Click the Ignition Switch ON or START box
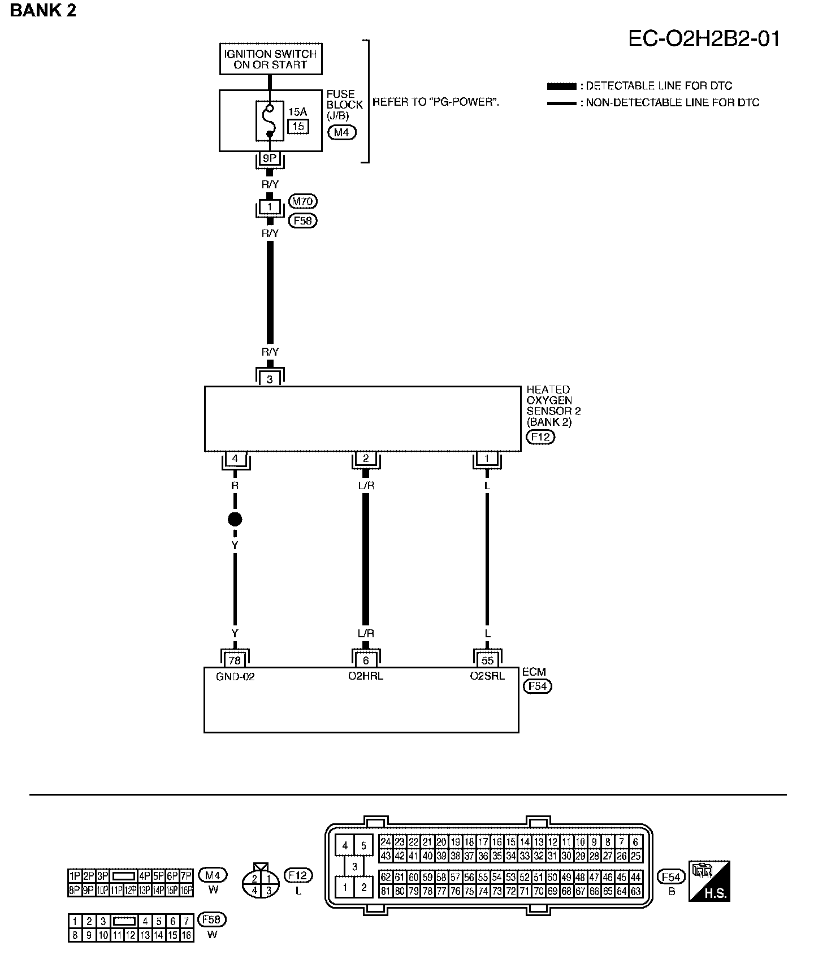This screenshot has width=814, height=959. (x=271, y=59)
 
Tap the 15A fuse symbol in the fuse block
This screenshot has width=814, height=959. (x=270, y=120)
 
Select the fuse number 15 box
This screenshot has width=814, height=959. (x=298, y=126)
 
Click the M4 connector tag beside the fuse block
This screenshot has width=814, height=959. (x=341, y=133)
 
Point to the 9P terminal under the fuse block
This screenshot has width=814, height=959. (x=270, y=159)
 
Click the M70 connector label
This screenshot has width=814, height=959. (x=303, y=201)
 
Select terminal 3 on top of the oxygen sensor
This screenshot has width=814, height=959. (x=270, y=379)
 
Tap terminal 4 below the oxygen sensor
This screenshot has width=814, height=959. (x=235, y=459)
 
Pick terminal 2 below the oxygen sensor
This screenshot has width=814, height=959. (x=366, y=459)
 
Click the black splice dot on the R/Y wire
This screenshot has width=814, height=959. (x=235, y=519)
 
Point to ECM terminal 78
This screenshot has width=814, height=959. (x=234, y=660)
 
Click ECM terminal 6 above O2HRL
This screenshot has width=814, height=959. (x=366, y=660)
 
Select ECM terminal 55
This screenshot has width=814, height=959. (x=487, y=660)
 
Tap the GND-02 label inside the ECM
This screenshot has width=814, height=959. (x=235, y=676)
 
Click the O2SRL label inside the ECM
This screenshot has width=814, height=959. (x=487, y=676)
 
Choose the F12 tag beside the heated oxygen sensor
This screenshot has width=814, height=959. (x=540, y=437)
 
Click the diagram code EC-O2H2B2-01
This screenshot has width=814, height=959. (x=704, y=39)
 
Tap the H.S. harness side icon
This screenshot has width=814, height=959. (x=709, y=881)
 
